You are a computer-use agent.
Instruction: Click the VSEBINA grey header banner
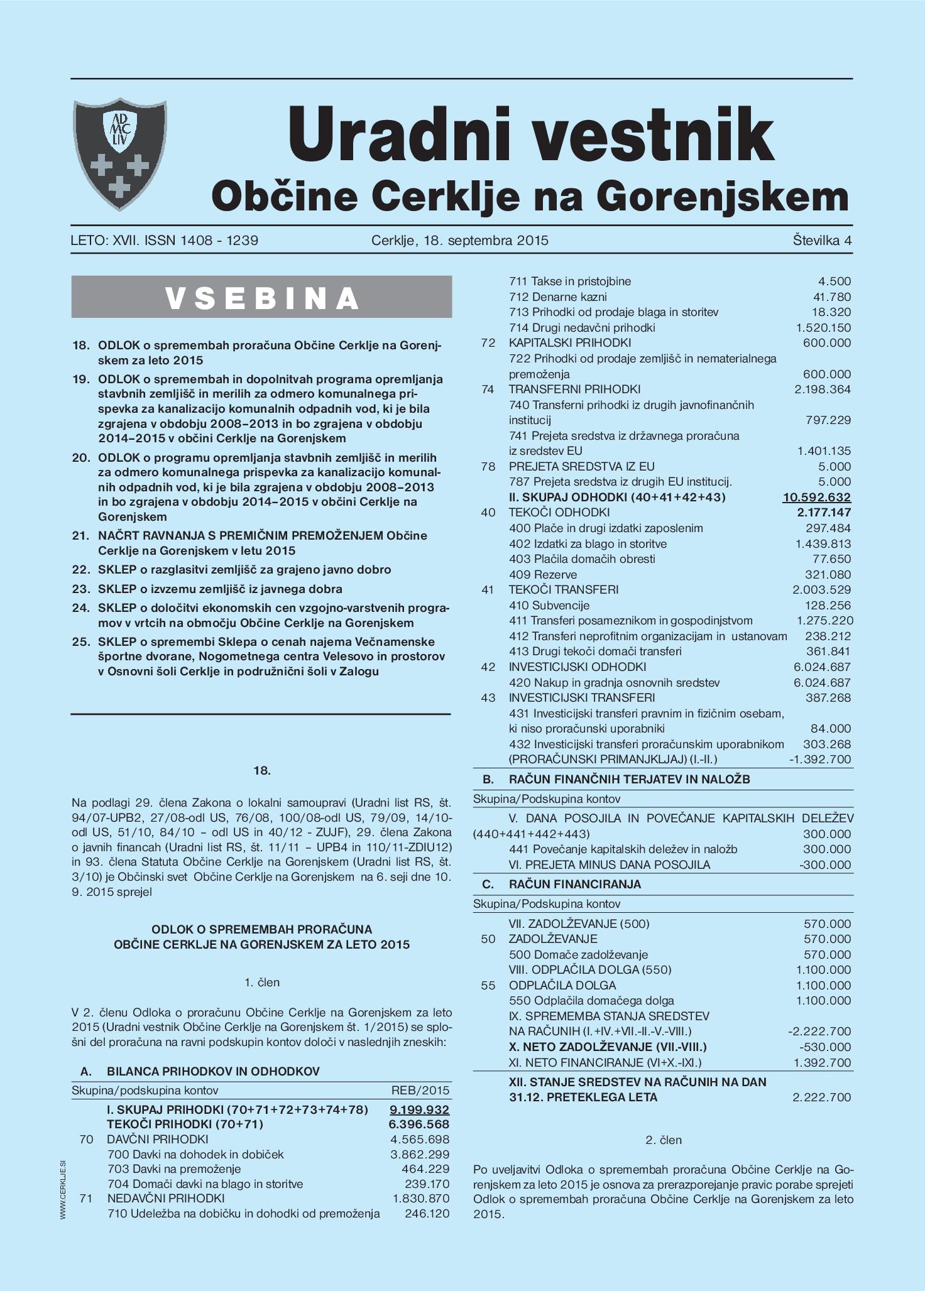[x=261, y=297]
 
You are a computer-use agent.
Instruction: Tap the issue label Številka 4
[x=822, y=240]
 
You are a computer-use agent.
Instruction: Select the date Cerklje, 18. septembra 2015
[x=459, y=240]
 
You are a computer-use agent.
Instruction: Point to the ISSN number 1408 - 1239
[x=218, y=240]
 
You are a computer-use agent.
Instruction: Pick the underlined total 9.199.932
[x=419, y=1109]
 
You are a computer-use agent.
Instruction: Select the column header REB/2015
[x=420, y=1090]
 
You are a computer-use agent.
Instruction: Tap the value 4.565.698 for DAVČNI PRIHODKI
[x=420, y=1139]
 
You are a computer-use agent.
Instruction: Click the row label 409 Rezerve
[x=542, y=574]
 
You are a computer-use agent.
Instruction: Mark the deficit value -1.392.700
[x=820, y=759]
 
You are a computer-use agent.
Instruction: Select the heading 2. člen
[x=664, y=1140]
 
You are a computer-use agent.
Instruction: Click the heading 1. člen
[x=262, y=982]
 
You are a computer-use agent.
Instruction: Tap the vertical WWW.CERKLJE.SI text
[x=63, y=1190]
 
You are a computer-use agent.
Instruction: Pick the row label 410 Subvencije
[x=549, y=605]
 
